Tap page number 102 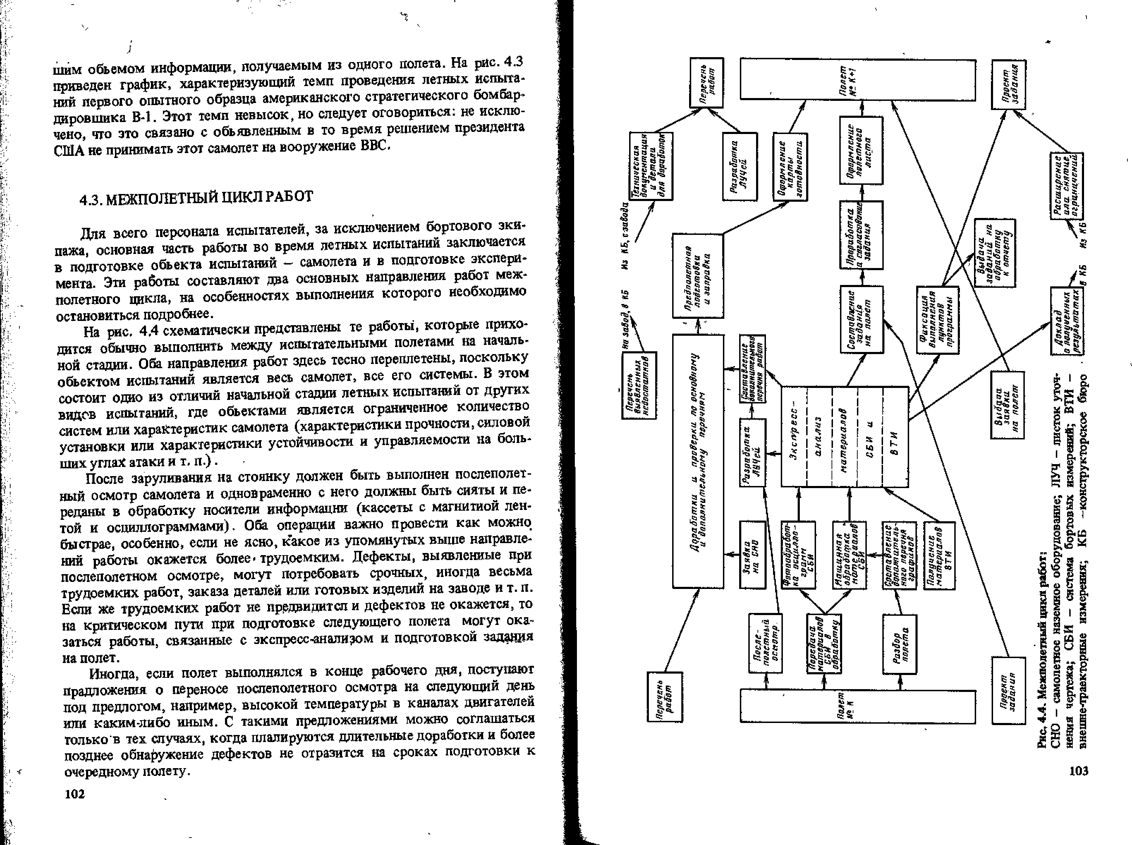pyautogui.click(x=75, y=794)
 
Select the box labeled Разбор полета pyautogui.click(x=899, y=644)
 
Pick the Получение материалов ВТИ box pyautogui.click(x=939, y=555)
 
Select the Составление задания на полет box pyautogui.click(x=862, y=319)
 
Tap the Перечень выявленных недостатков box pyautogui.click(x=639, y=385)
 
